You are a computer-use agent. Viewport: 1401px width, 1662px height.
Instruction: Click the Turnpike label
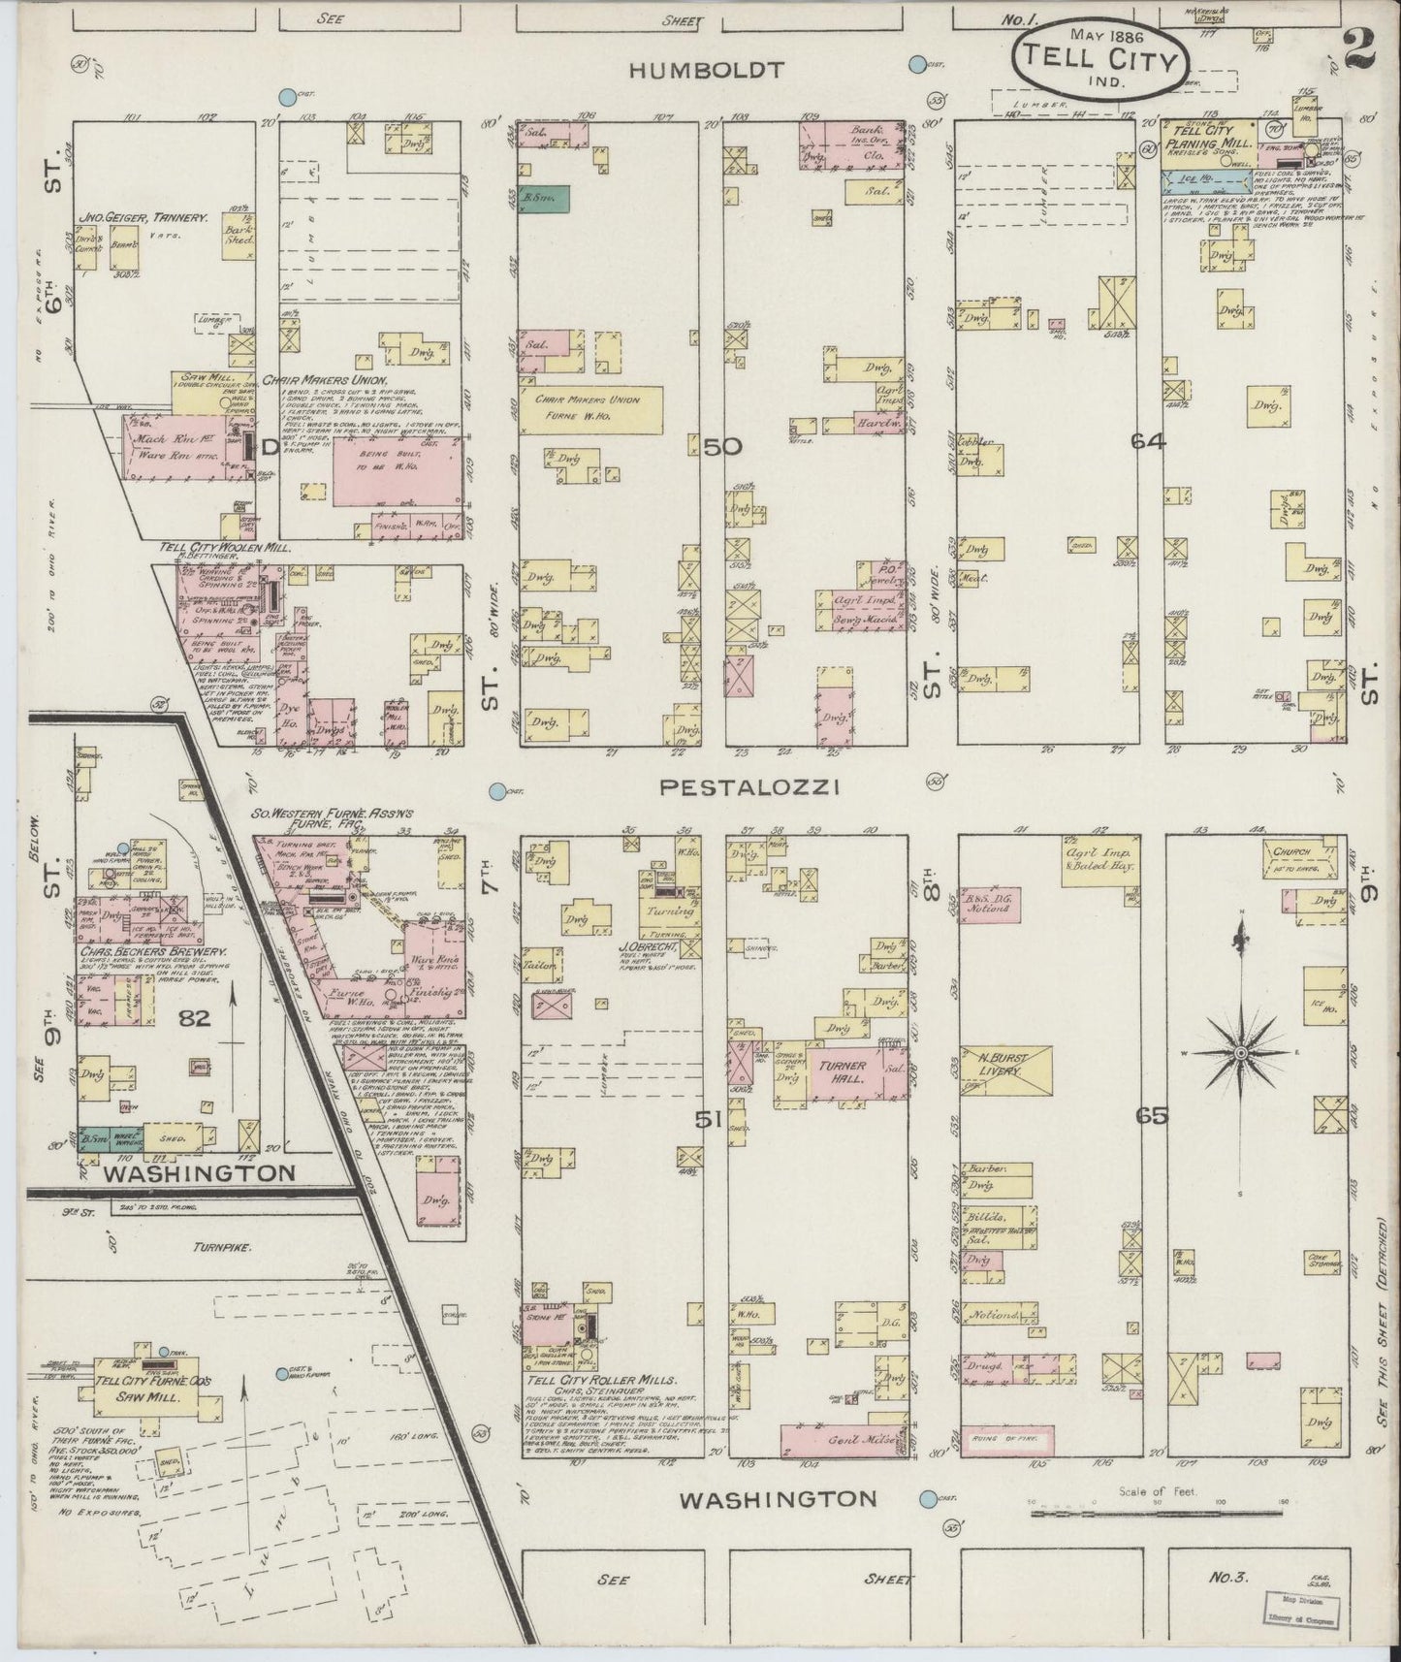(222, 1249)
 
